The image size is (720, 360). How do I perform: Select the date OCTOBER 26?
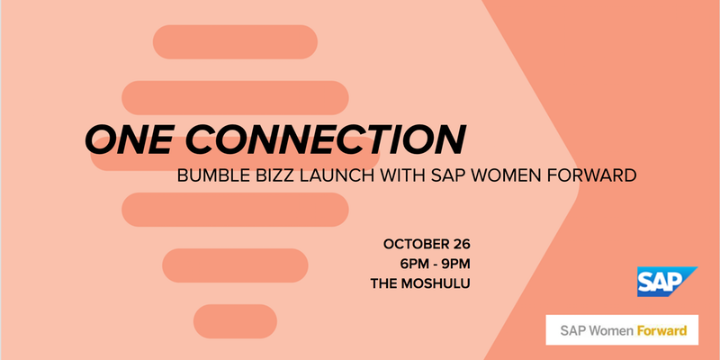427,243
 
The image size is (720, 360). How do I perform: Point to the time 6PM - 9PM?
435,263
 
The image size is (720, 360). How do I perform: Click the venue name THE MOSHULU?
421,283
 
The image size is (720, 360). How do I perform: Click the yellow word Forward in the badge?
661,330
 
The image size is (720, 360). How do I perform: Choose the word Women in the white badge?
610,330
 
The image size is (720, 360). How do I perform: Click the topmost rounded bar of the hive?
235,40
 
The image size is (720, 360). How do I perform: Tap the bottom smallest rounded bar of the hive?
235,319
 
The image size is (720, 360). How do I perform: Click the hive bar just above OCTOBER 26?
235,209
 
